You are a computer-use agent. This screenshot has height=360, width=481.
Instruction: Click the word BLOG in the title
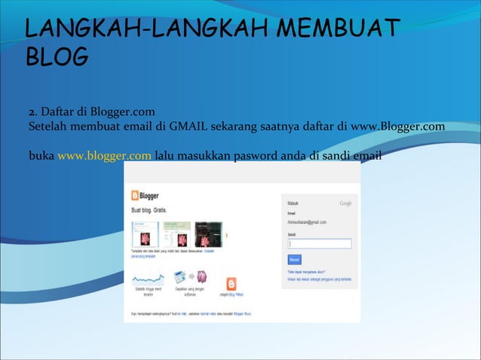(x=57, y=56)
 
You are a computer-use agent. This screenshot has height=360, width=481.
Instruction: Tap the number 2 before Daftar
(x=31, y=112)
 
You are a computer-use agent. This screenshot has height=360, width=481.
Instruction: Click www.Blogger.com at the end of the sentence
(x=398, y=126)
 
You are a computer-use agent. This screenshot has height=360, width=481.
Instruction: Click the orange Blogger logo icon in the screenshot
(x=136, y=194)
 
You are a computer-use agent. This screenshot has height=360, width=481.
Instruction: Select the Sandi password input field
(x=319, y=243)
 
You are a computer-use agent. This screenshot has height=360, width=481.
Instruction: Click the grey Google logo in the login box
(x=345, y=203)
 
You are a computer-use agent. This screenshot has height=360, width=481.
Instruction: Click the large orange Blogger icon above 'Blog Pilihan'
(x=230, y=285)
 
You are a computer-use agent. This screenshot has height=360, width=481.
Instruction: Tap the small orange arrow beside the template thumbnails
(x=227, y=235)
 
